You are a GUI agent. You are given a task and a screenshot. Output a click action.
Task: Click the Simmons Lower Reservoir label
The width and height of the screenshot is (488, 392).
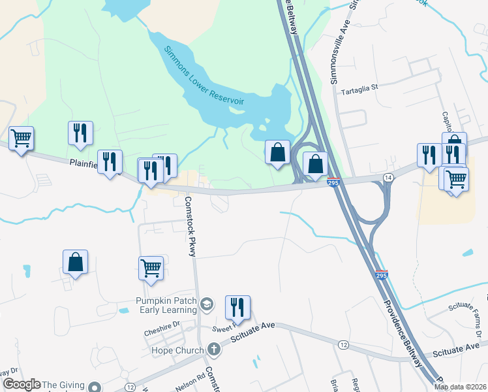204,76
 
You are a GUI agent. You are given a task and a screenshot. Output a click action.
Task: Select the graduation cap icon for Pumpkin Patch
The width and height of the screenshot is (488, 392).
207,304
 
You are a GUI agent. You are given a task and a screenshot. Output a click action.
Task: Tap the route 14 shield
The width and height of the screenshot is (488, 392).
388,178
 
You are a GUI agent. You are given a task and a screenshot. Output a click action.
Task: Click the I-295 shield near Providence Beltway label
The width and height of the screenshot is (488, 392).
381,274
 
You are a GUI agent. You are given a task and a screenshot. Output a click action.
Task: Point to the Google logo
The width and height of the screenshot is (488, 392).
22,384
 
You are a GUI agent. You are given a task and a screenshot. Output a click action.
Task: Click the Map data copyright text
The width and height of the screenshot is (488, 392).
460,387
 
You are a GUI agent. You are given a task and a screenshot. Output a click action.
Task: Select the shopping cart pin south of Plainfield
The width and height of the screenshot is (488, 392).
151,268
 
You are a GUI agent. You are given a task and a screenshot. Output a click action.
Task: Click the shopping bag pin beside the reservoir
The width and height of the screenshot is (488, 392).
277,152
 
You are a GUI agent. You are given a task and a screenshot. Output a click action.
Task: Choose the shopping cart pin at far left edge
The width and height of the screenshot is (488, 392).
22,139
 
